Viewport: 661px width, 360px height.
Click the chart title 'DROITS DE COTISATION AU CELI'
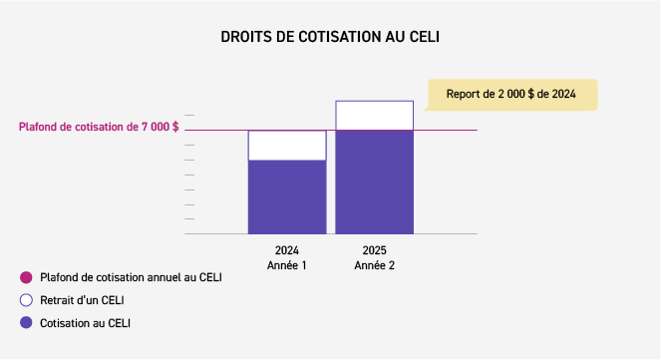330,37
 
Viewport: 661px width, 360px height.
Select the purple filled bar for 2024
287,196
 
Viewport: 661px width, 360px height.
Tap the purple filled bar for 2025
374,181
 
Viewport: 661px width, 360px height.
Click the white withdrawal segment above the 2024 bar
287,146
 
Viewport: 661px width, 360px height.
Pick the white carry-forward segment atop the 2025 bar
374,116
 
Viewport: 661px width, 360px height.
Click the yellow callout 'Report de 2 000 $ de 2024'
511,95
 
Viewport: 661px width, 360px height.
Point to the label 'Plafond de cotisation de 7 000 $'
99,128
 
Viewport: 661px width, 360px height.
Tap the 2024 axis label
287,250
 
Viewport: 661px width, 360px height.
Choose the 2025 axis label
374,250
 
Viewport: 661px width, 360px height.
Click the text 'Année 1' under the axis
287,265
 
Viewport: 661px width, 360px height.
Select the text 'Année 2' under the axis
374,265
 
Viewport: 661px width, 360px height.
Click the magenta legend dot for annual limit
25,277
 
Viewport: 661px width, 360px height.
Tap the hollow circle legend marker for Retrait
25,300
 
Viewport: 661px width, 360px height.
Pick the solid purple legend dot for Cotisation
25,323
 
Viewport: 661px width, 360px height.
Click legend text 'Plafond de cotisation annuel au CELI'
131,277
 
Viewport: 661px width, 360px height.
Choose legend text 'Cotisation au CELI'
85,323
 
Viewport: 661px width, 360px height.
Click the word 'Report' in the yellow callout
464,95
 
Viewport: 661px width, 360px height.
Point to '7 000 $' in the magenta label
159,128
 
